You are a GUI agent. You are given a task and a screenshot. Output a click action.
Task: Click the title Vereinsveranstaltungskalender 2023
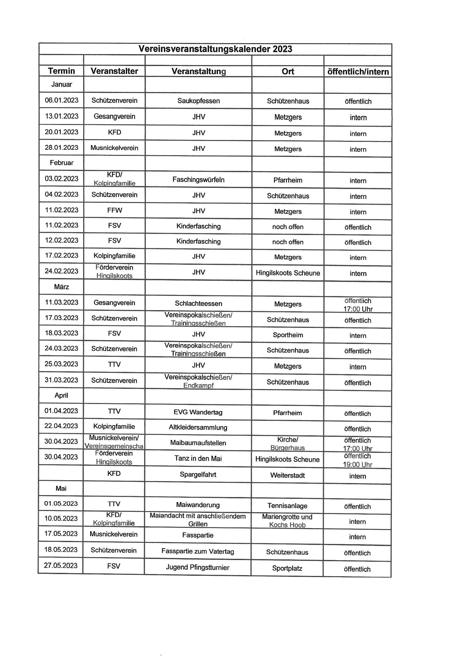coord(215,49)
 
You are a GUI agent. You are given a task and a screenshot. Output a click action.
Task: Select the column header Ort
coord(288,71)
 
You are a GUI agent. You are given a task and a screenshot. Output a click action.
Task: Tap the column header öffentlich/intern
coord(358,71)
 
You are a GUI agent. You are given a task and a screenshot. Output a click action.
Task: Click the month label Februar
coord(62,163)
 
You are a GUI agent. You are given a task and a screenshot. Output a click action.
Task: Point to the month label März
coord(62,286)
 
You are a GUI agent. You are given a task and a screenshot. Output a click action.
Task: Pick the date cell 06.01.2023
coord(62,100)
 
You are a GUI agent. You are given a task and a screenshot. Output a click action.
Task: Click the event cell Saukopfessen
coord(198,101)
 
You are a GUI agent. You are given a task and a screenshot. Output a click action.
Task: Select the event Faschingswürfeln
coord(198,179)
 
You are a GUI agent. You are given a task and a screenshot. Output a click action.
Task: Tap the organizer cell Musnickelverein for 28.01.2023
coord(114,148)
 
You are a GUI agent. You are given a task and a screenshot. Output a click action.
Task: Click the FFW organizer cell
coord(114,210)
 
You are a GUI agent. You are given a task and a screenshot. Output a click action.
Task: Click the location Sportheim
coord(288,335)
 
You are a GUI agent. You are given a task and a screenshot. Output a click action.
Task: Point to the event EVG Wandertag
coord(198,412)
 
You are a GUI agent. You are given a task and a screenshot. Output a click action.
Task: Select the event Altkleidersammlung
coord(198,427)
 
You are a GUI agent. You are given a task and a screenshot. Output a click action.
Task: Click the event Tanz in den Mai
coord(198,458)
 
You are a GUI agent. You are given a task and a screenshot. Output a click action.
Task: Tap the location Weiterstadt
coord(287,475)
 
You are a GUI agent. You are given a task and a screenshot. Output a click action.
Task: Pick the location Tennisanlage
coord(287,505)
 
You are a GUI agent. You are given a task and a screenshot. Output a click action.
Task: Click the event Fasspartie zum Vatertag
coord(198,551)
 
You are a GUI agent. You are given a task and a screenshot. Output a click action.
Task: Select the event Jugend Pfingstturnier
coord(198,567)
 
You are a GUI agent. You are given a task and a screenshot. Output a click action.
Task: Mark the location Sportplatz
coord(287,568)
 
